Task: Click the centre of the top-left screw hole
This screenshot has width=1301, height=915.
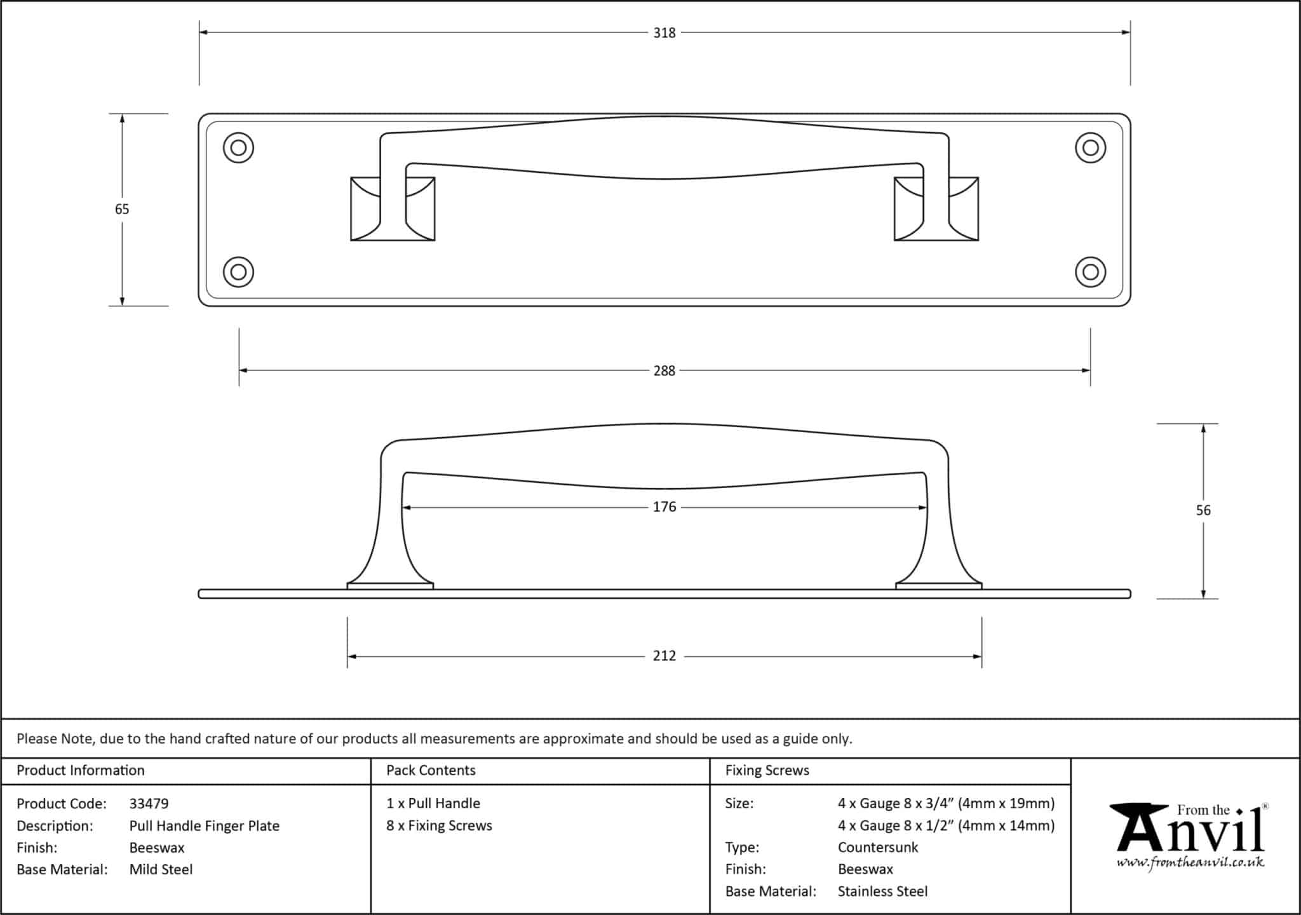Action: (x=239, y=148)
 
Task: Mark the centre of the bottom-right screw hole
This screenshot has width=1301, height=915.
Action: (x=1090, y=272)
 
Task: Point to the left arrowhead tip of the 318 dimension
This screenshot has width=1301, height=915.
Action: (x=199, y=32)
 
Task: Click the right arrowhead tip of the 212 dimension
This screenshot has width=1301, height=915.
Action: (x=981, y=656)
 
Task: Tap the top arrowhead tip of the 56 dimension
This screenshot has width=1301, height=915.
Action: (x=1203, y=424)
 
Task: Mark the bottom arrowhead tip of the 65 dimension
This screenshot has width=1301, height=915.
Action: (x=122, y=306)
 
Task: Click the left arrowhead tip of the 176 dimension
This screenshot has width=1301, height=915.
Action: (x=402, y=508)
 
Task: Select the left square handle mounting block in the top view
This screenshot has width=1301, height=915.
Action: (x=393, y=209)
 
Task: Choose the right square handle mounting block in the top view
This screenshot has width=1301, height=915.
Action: (x=936, y=209)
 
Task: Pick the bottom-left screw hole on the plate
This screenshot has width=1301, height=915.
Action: (x=239, y=272)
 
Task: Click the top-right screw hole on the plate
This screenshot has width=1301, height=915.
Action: (x=1090, y=148)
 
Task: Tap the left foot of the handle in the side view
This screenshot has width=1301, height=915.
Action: (x=390, y=585)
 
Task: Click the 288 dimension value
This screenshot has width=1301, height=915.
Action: (x=664, y=370)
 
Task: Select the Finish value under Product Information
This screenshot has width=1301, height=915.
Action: (x=157, y=848)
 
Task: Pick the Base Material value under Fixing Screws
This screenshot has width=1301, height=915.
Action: (x=882, y=891)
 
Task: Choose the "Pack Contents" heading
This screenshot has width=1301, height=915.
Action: (x=431, y=770)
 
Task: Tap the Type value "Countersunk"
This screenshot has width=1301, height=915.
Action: (x=878, y=848)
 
